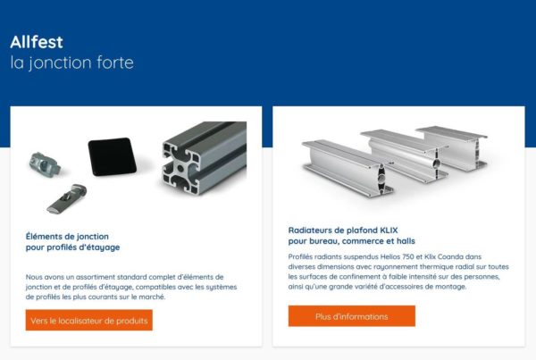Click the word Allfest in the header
click(37, 42)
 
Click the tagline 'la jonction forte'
click(71, 63)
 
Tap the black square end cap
click(113, 156)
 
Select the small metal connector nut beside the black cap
click(45, 164)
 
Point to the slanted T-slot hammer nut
click(67, 198)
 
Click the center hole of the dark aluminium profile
click(180, 168)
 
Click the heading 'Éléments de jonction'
click(67, 236)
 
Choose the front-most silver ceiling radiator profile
click(348, 168)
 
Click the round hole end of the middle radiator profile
click(437, 163)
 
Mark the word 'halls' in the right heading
click(406, 241)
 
